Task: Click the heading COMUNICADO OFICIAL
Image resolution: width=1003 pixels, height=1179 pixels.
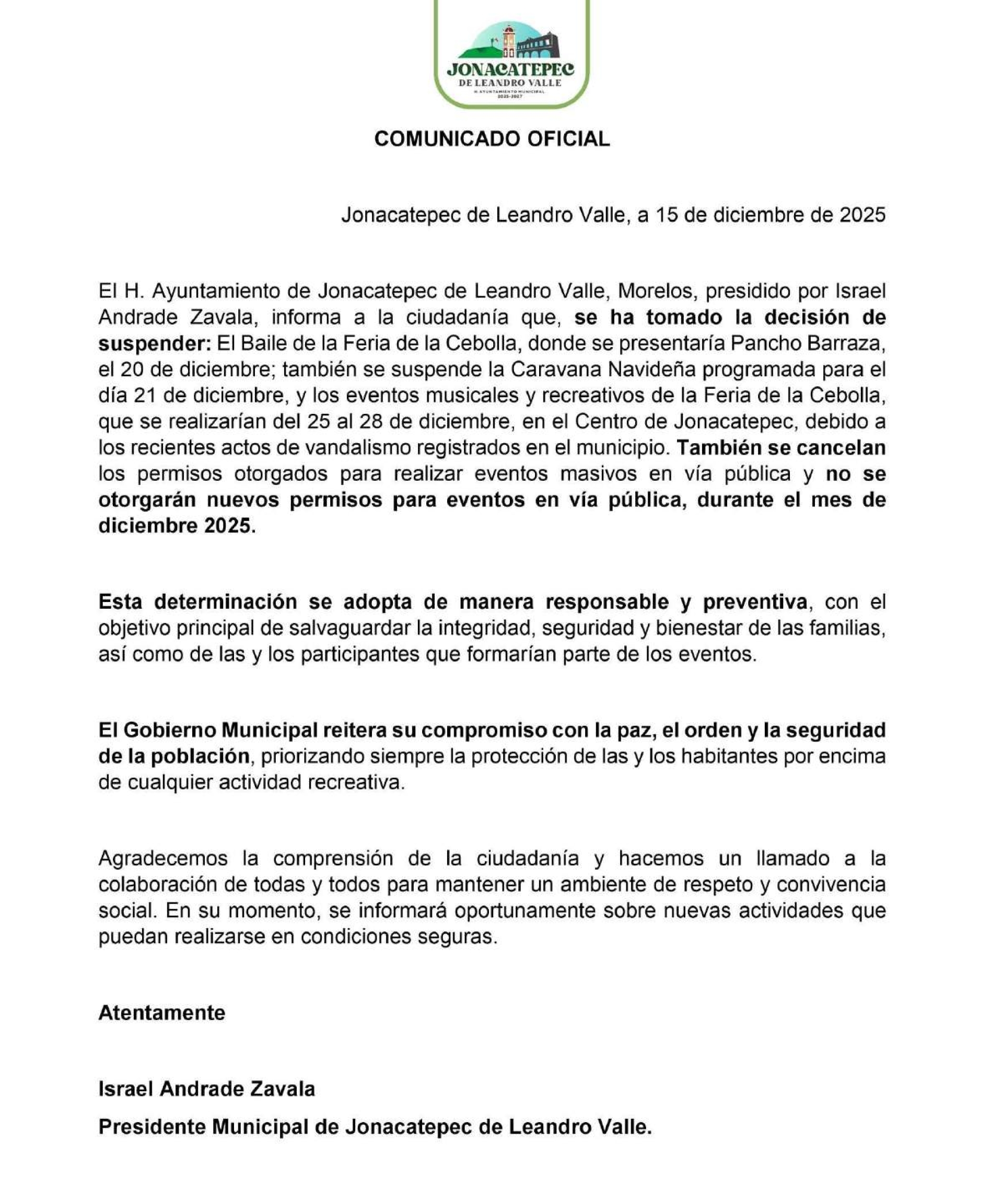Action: tap(492, 139)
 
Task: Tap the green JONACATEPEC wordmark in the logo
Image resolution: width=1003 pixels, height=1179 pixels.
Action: tap(510, 70)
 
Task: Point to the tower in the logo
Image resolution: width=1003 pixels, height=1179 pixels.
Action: tap(509, 40)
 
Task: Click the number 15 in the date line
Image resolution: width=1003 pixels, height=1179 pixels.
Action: tap(667, 215)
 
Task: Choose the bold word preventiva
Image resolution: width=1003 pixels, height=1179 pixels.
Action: tap(754, 602)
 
